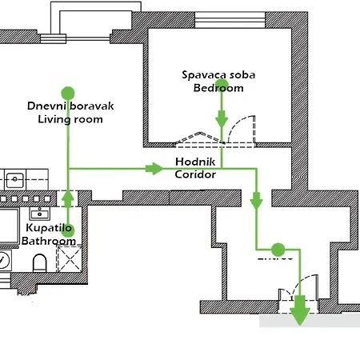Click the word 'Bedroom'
tap(218, 88)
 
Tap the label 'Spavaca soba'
tap(218, 74)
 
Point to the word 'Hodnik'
tap(193, 161)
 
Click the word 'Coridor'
tap(194, 174)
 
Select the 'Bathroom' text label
tap(48, 240)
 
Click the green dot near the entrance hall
tap(278, 250)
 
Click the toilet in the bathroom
tap(39, 262)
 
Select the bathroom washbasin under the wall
tap(37, 214)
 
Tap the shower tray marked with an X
tap(70, 258)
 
